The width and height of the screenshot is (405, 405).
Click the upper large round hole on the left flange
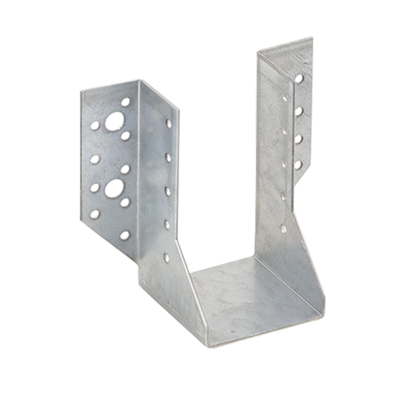point(115,121)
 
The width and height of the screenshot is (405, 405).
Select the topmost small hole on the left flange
point(126,102)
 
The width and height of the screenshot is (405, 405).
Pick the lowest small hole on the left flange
point(126,235)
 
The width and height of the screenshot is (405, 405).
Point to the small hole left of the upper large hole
point(96,126)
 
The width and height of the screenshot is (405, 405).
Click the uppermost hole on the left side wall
point(168,124)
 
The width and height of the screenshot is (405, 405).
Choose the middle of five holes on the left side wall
point(168,191)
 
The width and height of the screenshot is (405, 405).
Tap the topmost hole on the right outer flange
point(300,79)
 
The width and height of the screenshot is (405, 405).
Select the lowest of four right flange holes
point(299,165)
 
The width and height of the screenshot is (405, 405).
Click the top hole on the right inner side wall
point(283,98)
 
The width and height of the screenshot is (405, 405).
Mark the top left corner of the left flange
point(80,92)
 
